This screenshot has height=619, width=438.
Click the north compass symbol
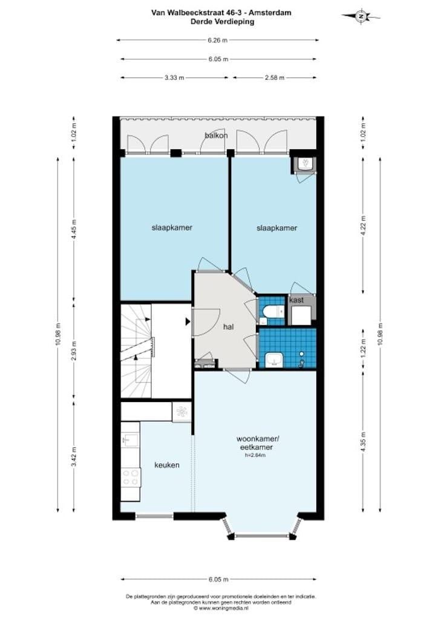tap(361, 16)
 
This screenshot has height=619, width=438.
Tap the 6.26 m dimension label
tap(218, 40)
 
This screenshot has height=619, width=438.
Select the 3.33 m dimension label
tap(174, 78)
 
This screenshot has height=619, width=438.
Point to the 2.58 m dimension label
tap(274, 78)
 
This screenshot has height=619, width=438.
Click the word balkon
tap(216, 135)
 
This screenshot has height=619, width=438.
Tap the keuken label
tap(166, 465)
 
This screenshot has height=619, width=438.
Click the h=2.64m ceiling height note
tap(255, 455)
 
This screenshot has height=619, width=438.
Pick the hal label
tap(228, 327)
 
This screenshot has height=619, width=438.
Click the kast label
tap(296, 300)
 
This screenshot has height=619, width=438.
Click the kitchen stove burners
tap(131, 477)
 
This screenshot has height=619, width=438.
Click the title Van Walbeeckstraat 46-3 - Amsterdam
tap(221, 13)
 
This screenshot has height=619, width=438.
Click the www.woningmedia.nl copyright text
tap(221, 608)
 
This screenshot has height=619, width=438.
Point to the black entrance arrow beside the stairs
tap(188, 322)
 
